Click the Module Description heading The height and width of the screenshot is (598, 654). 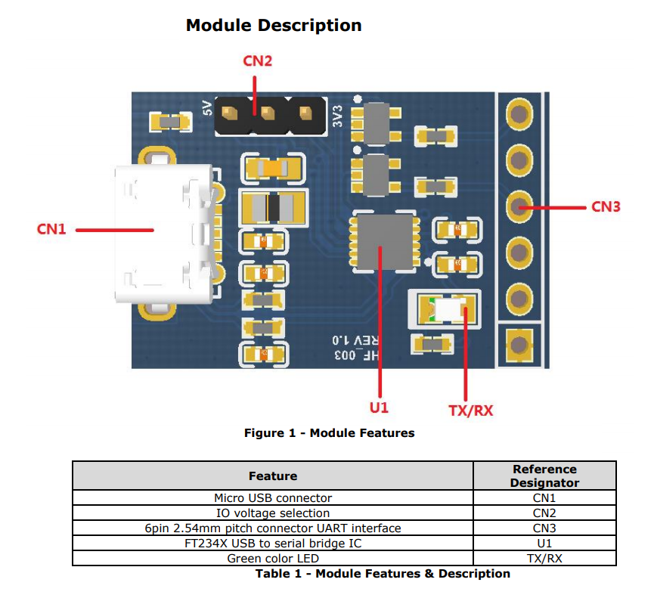coord(274,25)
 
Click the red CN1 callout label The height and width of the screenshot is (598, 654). coord(51,229)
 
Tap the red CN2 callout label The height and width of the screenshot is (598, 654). coord(257,61)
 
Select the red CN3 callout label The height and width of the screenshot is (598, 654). coord(606,206)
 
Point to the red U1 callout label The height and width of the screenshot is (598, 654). coord(379,407)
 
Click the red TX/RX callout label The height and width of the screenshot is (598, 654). coord(470,410)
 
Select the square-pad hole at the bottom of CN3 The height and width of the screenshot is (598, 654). coord(519,345)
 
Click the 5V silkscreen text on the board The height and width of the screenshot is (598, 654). coord(207,109)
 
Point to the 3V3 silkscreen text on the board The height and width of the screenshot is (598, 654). coord(338,115)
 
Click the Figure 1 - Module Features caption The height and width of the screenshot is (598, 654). coord(329,433)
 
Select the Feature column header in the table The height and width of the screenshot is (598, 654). coord(273,476)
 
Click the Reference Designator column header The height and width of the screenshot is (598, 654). coord(544,476)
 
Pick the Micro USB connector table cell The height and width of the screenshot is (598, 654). coord(273,498)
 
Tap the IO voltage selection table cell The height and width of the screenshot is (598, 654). coord(273,513)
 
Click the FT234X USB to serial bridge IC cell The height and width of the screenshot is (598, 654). coord(273,543)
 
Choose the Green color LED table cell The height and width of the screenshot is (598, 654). coord(273,558)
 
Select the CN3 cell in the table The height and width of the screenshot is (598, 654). coord(544,528)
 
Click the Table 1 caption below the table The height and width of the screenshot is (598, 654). coord(383,573)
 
